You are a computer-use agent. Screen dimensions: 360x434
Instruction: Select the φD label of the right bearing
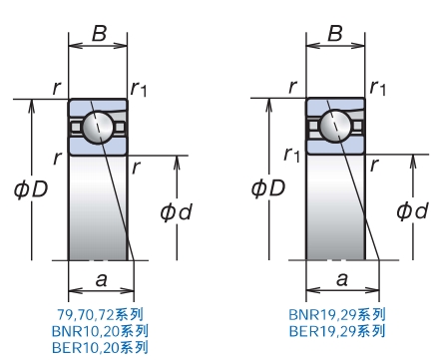268,187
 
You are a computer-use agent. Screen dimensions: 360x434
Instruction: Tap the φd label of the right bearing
412,210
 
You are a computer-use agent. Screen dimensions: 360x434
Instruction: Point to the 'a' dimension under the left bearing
101,280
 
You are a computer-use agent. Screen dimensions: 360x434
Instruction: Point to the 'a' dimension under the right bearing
342,280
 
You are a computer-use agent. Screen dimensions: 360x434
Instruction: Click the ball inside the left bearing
98,126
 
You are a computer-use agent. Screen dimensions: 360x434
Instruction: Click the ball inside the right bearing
335,126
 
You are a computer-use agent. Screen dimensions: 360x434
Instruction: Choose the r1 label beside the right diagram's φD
291,155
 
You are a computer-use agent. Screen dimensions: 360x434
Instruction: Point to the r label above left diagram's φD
56,87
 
